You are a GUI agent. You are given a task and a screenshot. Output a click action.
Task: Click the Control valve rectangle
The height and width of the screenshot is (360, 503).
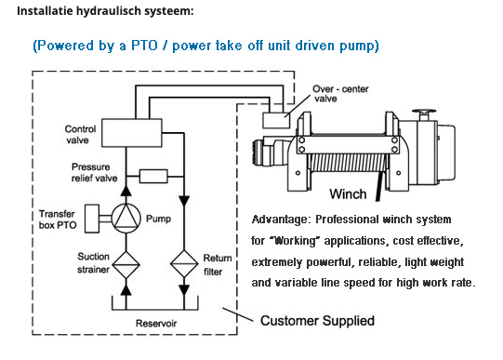(x=132, y=133)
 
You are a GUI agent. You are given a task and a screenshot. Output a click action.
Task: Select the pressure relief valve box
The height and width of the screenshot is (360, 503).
(x=153, y=176)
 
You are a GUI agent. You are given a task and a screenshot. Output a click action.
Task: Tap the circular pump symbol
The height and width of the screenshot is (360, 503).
(x=126, y=219)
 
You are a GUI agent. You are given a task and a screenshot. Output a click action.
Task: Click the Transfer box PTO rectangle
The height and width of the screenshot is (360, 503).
(x=92, y=219)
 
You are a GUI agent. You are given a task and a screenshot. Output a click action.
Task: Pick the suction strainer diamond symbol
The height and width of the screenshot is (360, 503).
(x=126, y=265)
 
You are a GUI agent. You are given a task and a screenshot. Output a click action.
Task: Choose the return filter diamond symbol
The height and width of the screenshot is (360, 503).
(x=184, y=264)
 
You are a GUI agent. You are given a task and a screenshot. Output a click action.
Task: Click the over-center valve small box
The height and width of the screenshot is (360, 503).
(x=276, y=120)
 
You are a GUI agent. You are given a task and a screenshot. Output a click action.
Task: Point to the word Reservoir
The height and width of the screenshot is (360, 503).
(x=156, y=323)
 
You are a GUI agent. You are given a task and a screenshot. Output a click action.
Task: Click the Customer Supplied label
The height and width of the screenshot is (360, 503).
(x=317, y=321)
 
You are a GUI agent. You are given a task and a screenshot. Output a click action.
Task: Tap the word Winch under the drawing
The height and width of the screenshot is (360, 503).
(x=348, y=194)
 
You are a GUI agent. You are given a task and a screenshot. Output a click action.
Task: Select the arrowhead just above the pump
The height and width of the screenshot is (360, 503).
(x=126, y=191)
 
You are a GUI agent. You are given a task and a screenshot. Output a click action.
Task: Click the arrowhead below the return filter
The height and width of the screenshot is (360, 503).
(x=184, y=290)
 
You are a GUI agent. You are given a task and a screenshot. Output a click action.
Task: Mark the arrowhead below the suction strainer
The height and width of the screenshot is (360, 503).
(x=126, y=289)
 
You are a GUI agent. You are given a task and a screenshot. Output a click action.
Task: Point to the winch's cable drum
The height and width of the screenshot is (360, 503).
(x=347, y=163)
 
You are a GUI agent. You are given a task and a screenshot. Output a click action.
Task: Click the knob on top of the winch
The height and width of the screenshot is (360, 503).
(x=424, y=112)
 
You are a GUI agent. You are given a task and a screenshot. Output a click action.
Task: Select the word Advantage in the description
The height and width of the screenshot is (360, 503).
(x=280, y=220)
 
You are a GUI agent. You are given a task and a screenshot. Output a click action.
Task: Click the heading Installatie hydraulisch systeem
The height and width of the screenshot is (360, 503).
(x=105, y=10)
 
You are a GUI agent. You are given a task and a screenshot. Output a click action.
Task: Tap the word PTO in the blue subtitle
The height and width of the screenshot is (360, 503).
(x=144, y=46)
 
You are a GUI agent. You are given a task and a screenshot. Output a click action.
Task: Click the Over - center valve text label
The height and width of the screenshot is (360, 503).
(x=340, y=93)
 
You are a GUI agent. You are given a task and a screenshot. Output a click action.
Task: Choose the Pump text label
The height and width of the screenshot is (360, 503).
(x=158, y=219)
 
